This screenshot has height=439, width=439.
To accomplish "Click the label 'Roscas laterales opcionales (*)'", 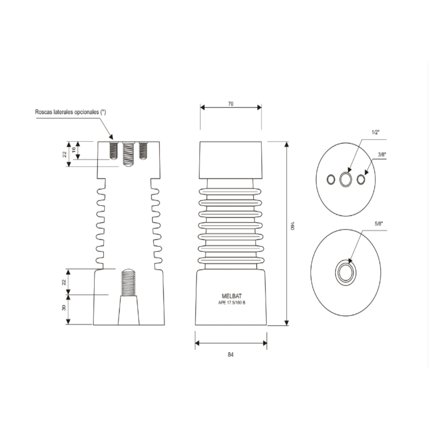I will tap(70, 112).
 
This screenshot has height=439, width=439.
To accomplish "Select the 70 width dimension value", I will tap(230, 104).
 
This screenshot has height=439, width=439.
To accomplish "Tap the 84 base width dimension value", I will tap(230, 354).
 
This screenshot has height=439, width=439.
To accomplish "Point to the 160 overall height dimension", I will tap(292, 226).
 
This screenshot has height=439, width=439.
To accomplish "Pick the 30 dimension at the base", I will tap(64, 308).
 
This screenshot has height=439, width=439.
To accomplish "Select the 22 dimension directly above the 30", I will tap(64, 282).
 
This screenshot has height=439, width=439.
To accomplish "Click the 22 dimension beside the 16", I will tap(64, 154).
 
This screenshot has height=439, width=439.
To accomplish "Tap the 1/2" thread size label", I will tap(375, 133).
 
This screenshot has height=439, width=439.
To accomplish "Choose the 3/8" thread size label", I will tap(382, 154).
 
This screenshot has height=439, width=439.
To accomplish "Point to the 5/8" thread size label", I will tap(378, 223).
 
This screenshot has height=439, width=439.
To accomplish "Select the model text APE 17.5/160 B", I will tap(231, 302).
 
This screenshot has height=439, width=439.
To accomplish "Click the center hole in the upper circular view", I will tap(346, 179).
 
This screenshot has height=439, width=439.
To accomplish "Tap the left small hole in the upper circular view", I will tap(331, 179).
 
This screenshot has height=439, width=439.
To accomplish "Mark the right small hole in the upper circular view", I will tap(361, 179).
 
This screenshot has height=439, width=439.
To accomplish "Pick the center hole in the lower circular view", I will tap(346, 272).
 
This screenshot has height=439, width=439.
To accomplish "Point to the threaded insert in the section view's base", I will tap(128, 283).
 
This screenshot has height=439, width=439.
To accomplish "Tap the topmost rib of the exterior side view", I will tap(230, 191).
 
